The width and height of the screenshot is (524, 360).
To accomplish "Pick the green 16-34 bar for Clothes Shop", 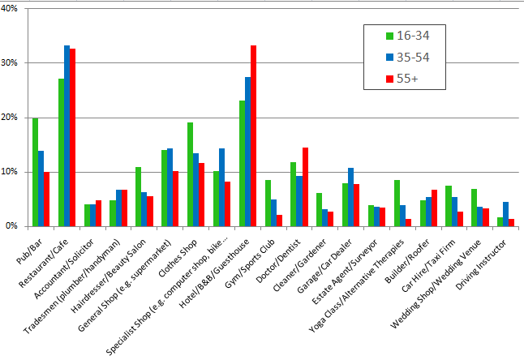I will pos(191,174).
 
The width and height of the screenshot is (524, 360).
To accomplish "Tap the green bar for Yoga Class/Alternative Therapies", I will pos(397,204).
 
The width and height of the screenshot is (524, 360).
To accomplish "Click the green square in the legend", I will pos(390,36).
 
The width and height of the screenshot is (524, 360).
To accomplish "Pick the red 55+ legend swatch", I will pos(390,79).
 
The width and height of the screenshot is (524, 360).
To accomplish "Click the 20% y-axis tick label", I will pos(14,118).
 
